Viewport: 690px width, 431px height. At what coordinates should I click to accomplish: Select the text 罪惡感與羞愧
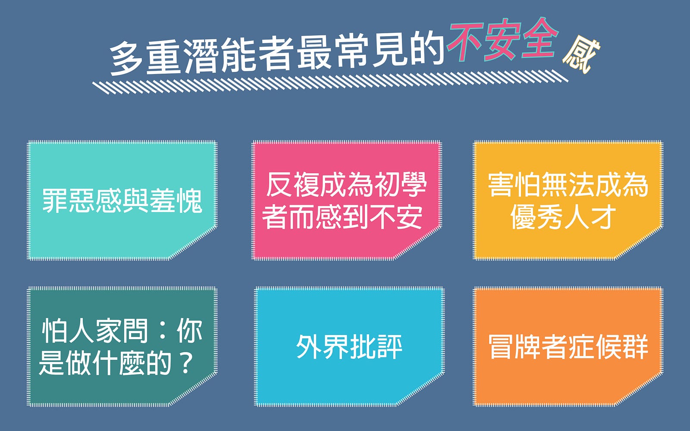point(122,201)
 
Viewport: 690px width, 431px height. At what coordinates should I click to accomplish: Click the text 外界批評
point(349,347)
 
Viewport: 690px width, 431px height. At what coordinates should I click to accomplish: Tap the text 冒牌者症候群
point(568,347)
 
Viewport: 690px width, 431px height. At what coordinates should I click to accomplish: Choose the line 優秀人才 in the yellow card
point(563,217)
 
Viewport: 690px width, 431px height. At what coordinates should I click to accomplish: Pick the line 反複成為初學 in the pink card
point(346,185)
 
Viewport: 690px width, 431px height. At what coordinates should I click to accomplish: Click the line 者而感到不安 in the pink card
point(342,217)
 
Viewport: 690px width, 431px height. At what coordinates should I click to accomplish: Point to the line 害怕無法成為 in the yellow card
point(568,185)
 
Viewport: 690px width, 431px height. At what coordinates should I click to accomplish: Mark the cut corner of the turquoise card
point(194,243)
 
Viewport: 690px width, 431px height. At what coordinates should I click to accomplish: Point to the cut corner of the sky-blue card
point(420,390)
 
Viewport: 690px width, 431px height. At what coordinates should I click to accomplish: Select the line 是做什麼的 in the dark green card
point(105,364)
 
